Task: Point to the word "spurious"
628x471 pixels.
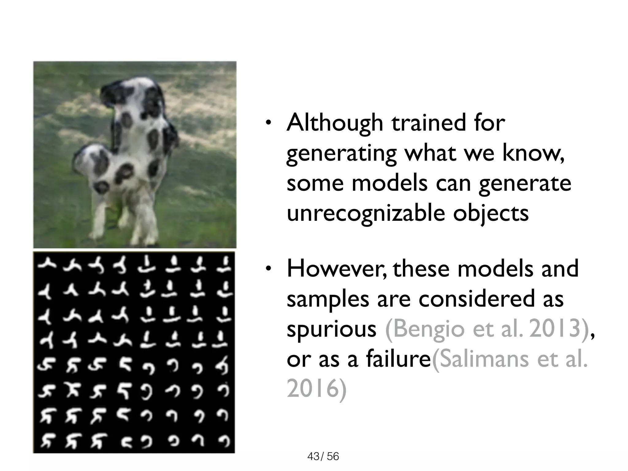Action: [331, 330]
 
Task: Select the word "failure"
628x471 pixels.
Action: [398, 359]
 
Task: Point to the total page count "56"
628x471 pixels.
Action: [333, 457]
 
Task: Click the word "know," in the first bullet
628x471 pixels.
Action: [533, 153]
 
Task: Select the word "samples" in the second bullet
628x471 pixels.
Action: [328, 299]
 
